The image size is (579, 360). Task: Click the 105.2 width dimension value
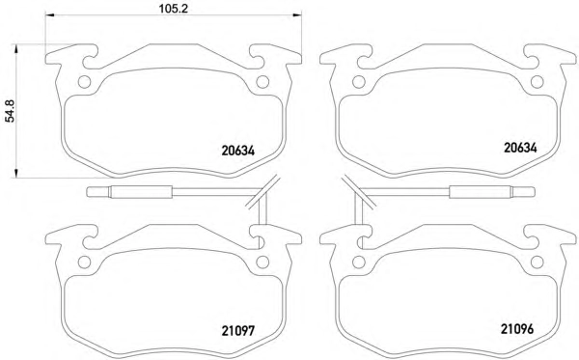point(173,8)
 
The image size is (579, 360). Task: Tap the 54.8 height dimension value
point(10,111)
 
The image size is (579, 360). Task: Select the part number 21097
point(238,331)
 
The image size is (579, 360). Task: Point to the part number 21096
point(517,328)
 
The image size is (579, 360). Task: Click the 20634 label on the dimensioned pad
point(238,151)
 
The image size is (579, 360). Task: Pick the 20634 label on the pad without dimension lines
point(520,148)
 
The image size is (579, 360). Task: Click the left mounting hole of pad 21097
point(84,263)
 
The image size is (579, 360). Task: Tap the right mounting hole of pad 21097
point(262,263)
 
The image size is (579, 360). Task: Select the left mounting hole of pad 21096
point(359,263)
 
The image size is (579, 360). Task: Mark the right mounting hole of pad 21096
point(537,263)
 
